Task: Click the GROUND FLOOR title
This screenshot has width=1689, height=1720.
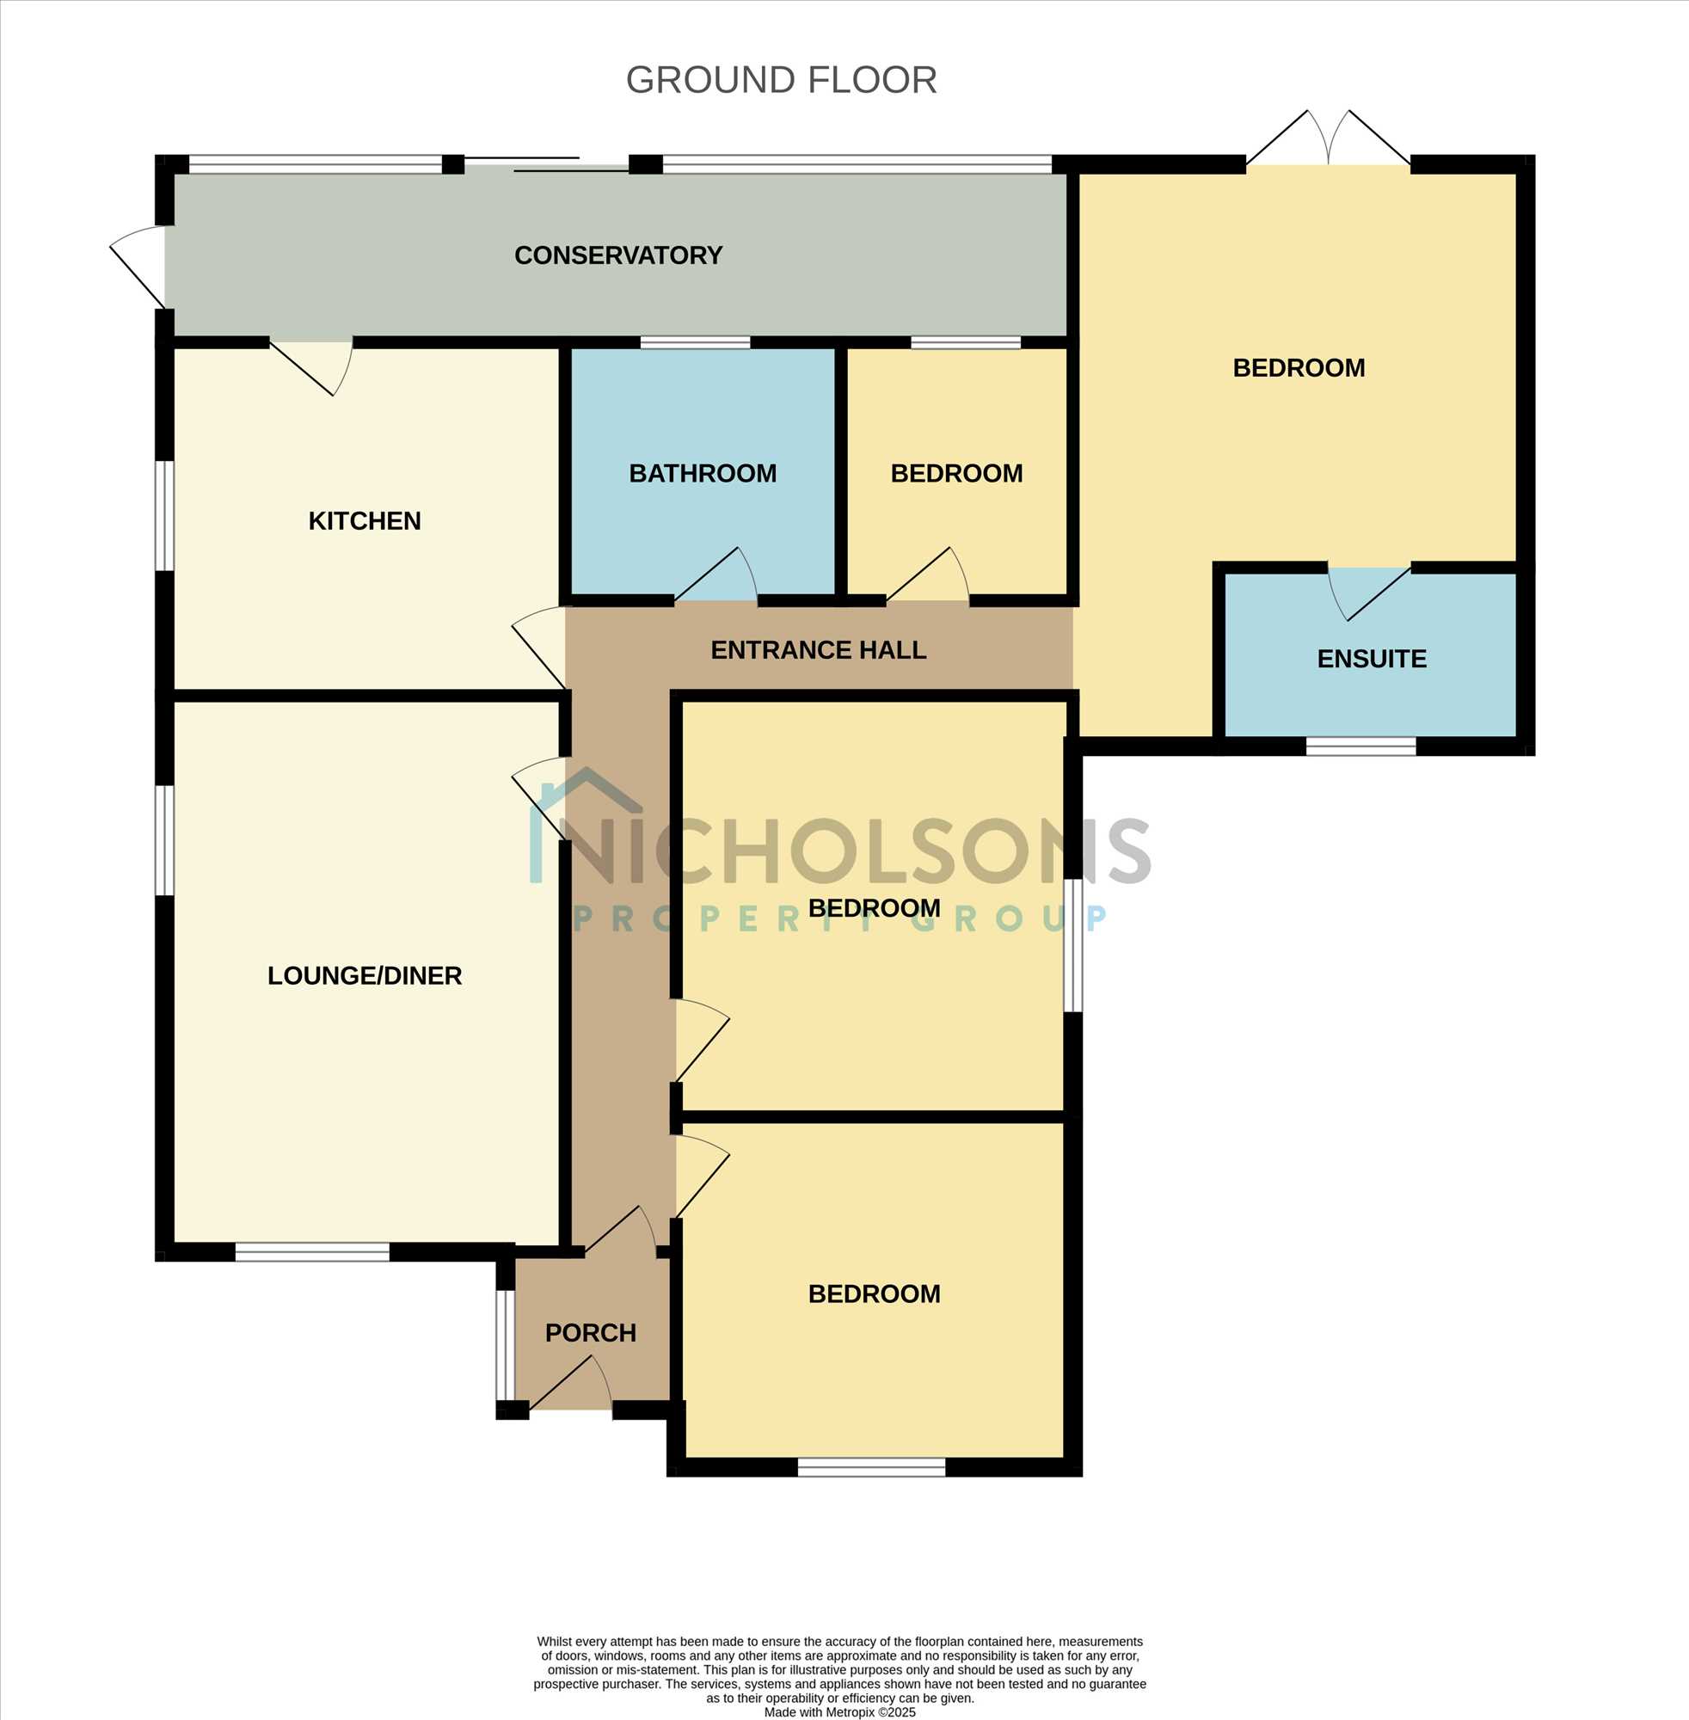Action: (781, 80)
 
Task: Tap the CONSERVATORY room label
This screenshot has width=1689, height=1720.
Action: (618, 255)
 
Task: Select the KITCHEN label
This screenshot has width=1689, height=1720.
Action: (365, 520)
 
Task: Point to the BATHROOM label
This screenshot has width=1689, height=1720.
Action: (703, 474)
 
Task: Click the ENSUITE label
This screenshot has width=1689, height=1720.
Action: (1372, 659)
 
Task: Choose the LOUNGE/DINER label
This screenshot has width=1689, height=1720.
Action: (365, 976)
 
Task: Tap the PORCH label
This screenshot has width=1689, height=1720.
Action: (591, 1333)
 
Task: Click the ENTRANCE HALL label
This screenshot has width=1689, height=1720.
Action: (819, 650)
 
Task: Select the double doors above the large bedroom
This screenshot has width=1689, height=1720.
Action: (1328, 138)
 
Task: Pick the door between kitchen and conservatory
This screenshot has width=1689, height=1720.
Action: (312, 367)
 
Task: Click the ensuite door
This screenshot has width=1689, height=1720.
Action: (1368, 593)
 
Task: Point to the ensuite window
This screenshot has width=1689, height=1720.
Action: (1360, 746)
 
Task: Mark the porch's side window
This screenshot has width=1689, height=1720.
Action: (505, 1346)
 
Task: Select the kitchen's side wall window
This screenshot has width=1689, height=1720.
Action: (165, 515)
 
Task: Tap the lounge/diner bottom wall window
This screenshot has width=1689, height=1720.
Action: (312, 1251)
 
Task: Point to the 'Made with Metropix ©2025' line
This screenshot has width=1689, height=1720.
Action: (840, 1712)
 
